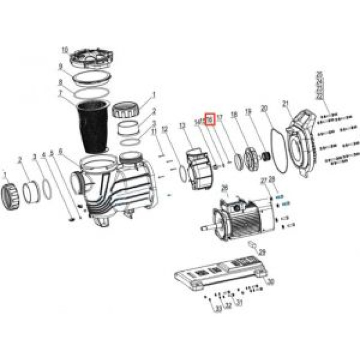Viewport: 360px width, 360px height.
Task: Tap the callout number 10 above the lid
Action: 65,50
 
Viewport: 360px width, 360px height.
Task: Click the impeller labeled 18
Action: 252,154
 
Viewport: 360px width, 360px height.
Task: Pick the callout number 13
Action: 182,125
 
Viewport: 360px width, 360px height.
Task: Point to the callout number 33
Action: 217,309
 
